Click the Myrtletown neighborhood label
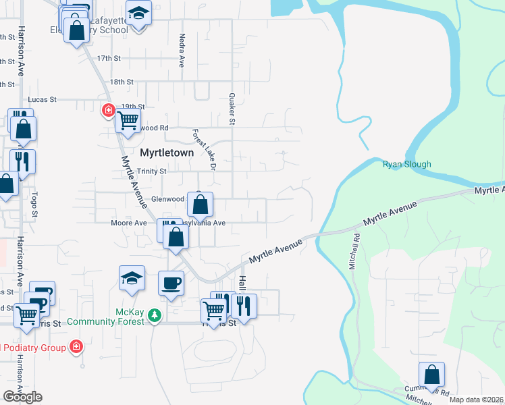pos(167,153)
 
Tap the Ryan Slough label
pos(406,164)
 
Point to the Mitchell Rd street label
pos(352,252)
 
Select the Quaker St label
pos(231,109)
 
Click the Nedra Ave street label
pos(182,51)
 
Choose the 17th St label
pos(108,59)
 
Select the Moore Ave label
pos(129,223)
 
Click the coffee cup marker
pos(171,282)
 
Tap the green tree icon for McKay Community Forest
pos(155,315)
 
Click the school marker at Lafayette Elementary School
pos(139,14)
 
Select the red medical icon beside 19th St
pos(107,110)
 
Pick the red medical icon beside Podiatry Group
pos(76,347)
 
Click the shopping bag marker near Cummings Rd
pos(431,375)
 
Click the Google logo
pos(22,397)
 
